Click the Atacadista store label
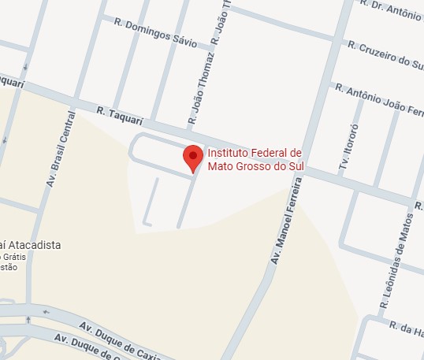tap(32, 245)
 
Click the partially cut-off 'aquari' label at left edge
tap(12, 81)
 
